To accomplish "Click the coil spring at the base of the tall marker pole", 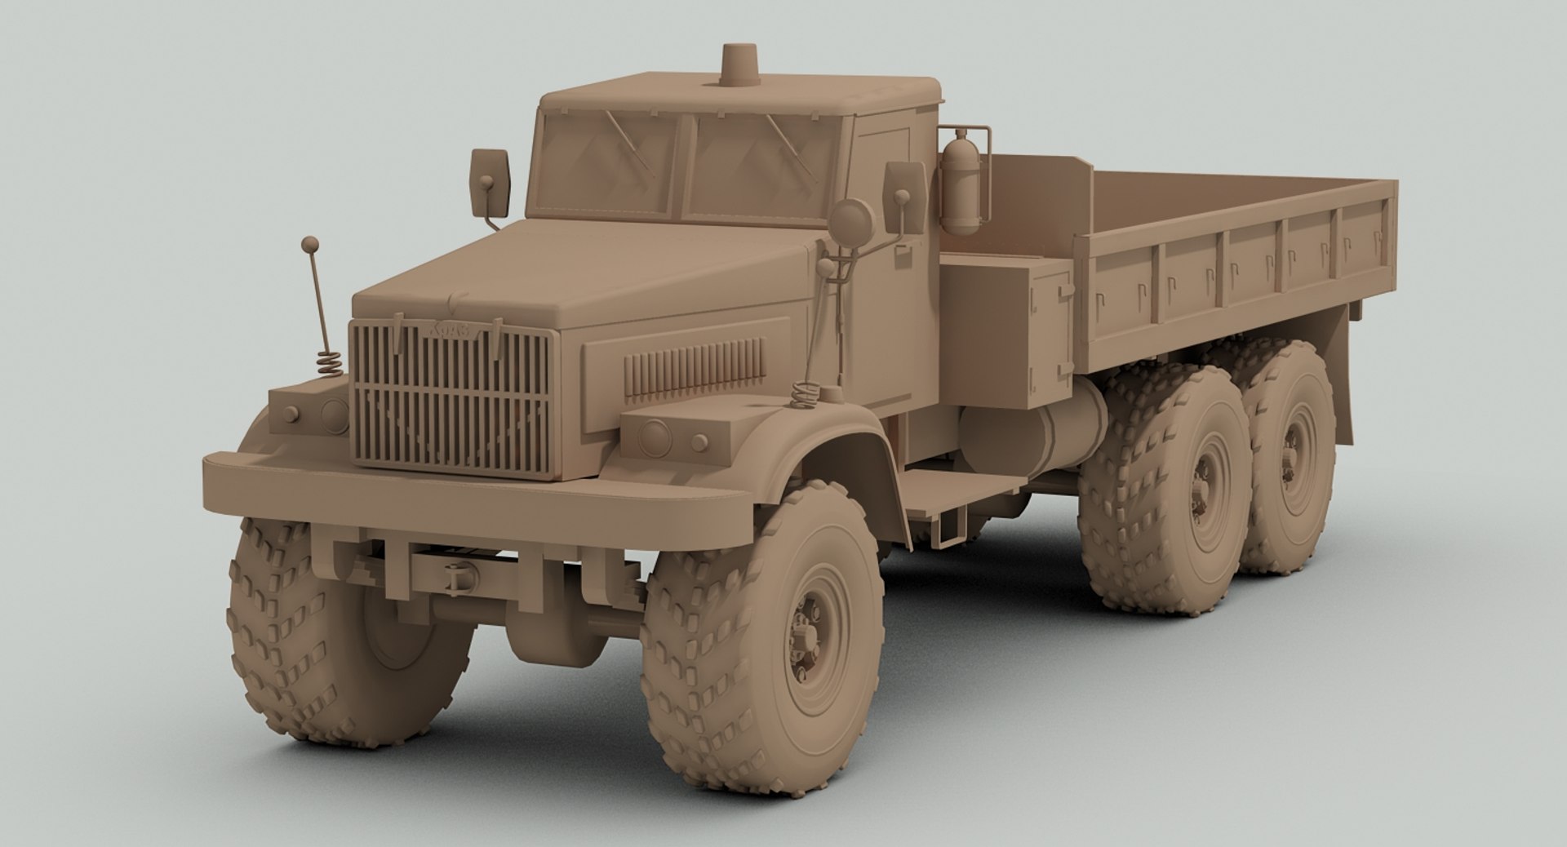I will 329,361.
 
